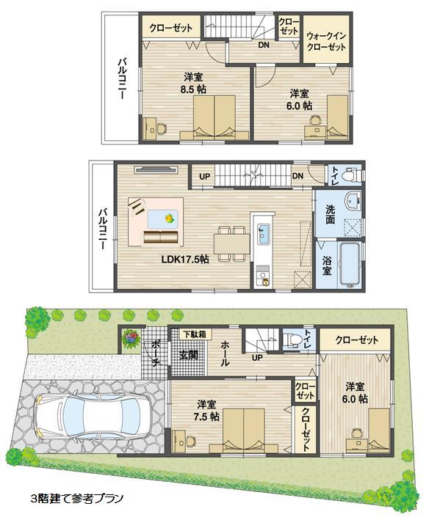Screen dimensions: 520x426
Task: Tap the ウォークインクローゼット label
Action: coord(325,40)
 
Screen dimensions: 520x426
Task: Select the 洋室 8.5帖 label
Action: coord(195,82)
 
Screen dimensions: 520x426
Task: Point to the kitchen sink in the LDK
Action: coord(263,235)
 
